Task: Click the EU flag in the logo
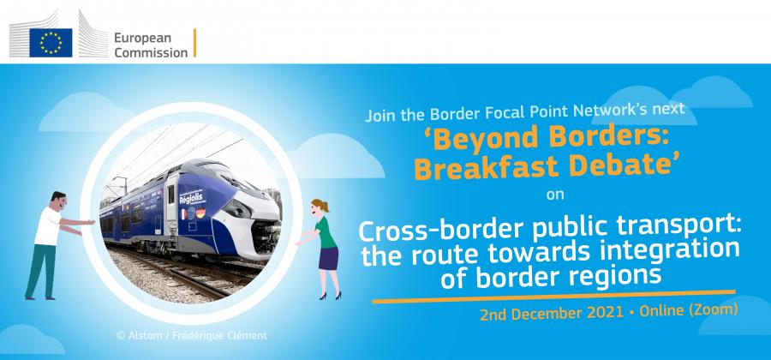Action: (x=51, y=43)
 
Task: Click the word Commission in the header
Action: (x=151, y=52)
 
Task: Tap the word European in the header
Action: (x=142, y=39)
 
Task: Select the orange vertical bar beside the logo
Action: (x=194, y=43)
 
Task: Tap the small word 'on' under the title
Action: (x=554, y=195)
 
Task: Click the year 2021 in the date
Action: (x=607, y=313)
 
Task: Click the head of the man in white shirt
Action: (x=58, y=201)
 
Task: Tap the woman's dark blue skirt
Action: (x=328, y=258)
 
